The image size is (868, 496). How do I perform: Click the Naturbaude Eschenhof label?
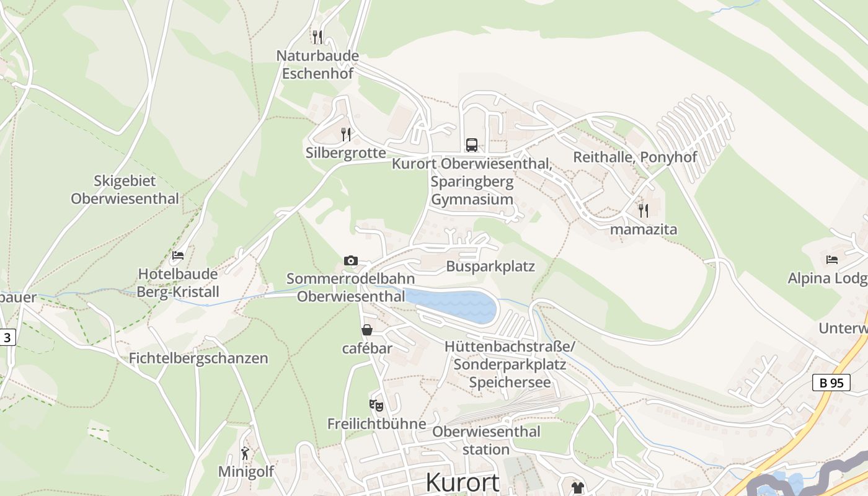point(317,64)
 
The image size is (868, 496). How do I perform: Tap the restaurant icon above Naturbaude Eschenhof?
point(317,37)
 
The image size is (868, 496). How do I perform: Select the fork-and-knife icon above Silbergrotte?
point(346,134)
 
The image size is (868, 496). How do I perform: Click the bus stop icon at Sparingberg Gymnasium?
point(472,145)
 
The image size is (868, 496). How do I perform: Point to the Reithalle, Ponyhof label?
point(635,157)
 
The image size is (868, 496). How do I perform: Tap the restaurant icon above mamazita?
point(644,211)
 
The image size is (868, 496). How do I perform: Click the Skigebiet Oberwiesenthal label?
point(125,190)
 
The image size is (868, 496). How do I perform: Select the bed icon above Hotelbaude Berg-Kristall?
point(178,255)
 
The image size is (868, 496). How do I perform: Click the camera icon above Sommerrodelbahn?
point(351,260)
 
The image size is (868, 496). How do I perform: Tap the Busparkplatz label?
point(490,267)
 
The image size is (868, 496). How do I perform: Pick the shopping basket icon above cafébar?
point(367,330)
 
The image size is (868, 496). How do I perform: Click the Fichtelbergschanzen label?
point(198,358)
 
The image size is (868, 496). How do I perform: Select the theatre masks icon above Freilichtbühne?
point(376,405)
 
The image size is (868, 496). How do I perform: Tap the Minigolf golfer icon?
point(246,453)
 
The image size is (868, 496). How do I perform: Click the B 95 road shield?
point(831,383)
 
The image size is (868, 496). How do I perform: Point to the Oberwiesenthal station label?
point(487,440)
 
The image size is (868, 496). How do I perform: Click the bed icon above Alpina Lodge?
point(832,259)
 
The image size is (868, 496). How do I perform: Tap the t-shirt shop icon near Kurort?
point(578,487)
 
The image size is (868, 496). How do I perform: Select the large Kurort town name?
point(463,482)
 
